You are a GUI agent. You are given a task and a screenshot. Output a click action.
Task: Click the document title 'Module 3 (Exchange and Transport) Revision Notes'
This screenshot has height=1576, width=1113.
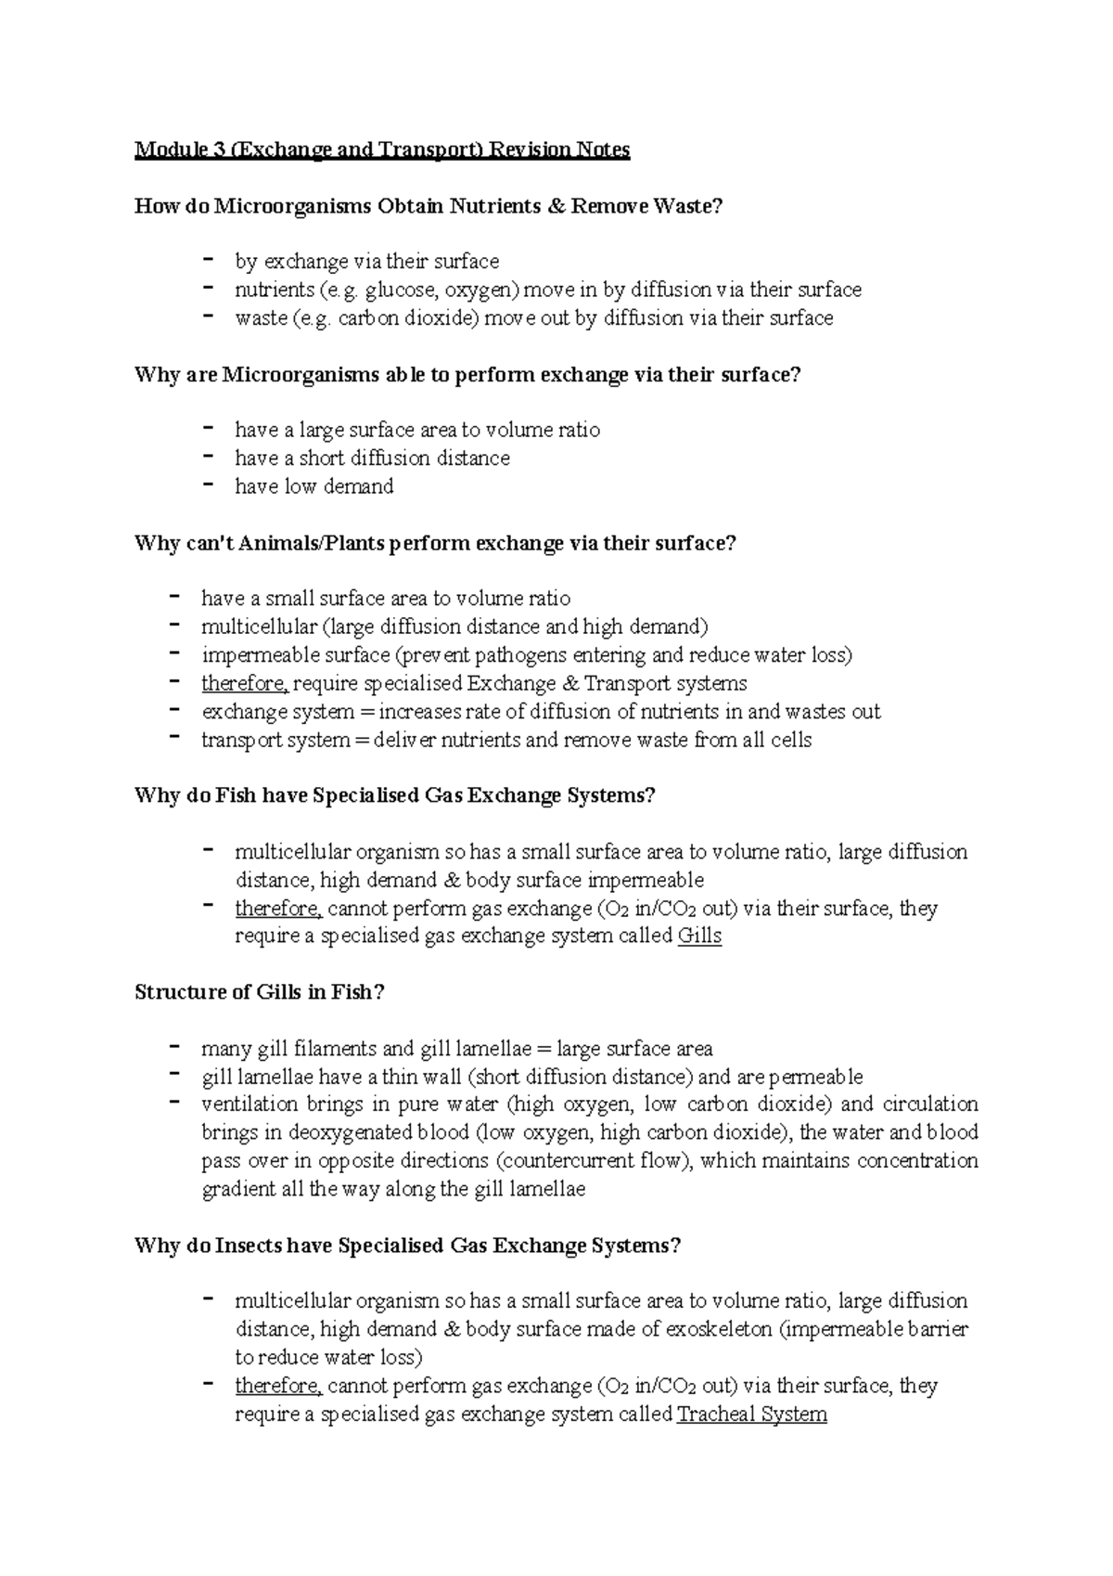pos(382,149)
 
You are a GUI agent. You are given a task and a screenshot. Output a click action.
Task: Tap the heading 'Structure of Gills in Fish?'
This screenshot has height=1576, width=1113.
pos(259,992)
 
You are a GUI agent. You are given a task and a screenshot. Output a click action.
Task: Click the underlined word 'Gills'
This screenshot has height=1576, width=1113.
pos(699,936)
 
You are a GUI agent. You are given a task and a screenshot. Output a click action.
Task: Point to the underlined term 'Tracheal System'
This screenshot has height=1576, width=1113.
pos(751,1415)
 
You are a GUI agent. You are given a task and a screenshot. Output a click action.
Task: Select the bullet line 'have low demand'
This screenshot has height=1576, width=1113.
pos(313,486)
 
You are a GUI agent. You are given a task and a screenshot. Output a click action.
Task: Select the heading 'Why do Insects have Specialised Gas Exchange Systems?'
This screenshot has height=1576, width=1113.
pos(407,1246)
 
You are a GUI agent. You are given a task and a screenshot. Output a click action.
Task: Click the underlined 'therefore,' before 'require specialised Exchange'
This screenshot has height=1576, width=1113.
pos(245,684)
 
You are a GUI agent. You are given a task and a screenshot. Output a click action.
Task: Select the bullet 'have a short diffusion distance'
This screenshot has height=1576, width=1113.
pos(372,459)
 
